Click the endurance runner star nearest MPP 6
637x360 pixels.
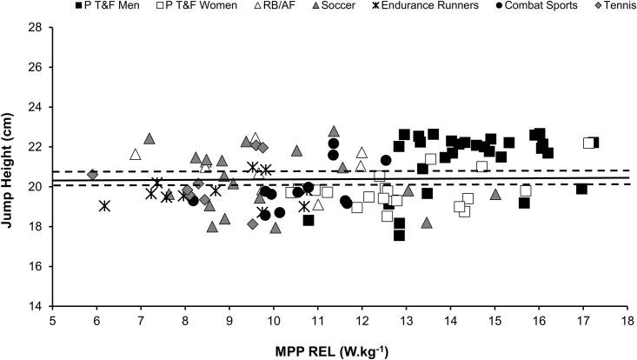pyautogui.click(x=105, y=206)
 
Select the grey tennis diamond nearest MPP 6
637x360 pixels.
pyautogui.click(x=93, y=175)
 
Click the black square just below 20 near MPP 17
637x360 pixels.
pyautogui.click(x=581, y=189)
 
